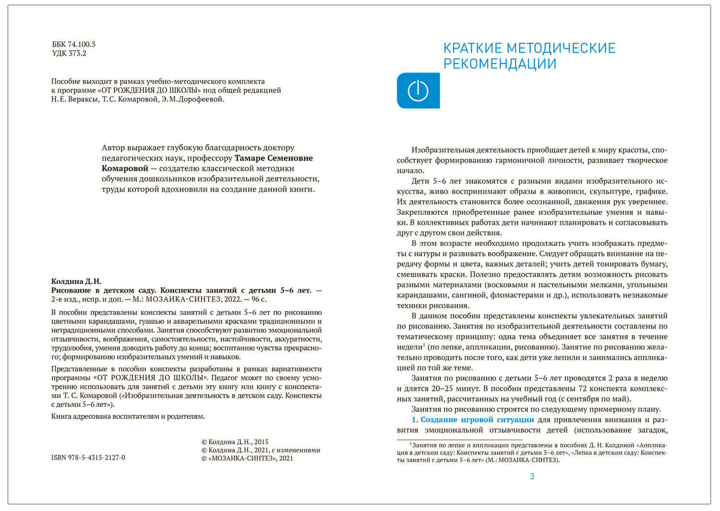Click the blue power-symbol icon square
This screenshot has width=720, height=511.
(418, 91)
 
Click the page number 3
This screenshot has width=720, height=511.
(532, 477)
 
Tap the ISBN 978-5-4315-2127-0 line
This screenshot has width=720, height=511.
(88, 458)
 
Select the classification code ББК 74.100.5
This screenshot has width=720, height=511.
(74, 44)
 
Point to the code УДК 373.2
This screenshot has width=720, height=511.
(69, 53)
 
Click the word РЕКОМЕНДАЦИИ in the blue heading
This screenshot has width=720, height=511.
(500, 64)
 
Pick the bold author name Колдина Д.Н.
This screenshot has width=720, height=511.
(76, 282)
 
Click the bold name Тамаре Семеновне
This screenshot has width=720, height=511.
(274, 158)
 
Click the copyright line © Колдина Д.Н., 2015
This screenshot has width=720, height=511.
(235, 442)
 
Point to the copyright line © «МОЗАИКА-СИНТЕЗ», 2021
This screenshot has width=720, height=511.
(247, 458)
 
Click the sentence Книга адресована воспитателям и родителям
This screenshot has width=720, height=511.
(128, 416)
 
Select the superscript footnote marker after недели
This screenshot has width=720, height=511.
(424, 344)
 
